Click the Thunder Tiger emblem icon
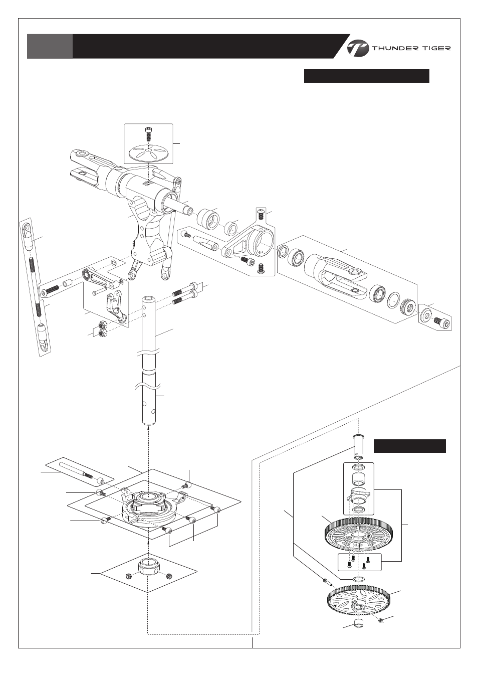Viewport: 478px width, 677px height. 357,48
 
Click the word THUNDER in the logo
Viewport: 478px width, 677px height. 394,49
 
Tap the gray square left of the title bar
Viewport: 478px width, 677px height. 50,46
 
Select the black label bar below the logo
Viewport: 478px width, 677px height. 366,76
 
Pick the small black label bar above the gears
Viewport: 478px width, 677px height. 410,446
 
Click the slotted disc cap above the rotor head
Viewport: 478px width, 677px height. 148,152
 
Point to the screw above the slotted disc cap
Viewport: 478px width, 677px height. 148,134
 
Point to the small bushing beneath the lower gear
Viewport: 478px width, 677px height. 359,624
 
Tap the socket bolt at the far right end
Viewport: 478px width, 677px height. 441,321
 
